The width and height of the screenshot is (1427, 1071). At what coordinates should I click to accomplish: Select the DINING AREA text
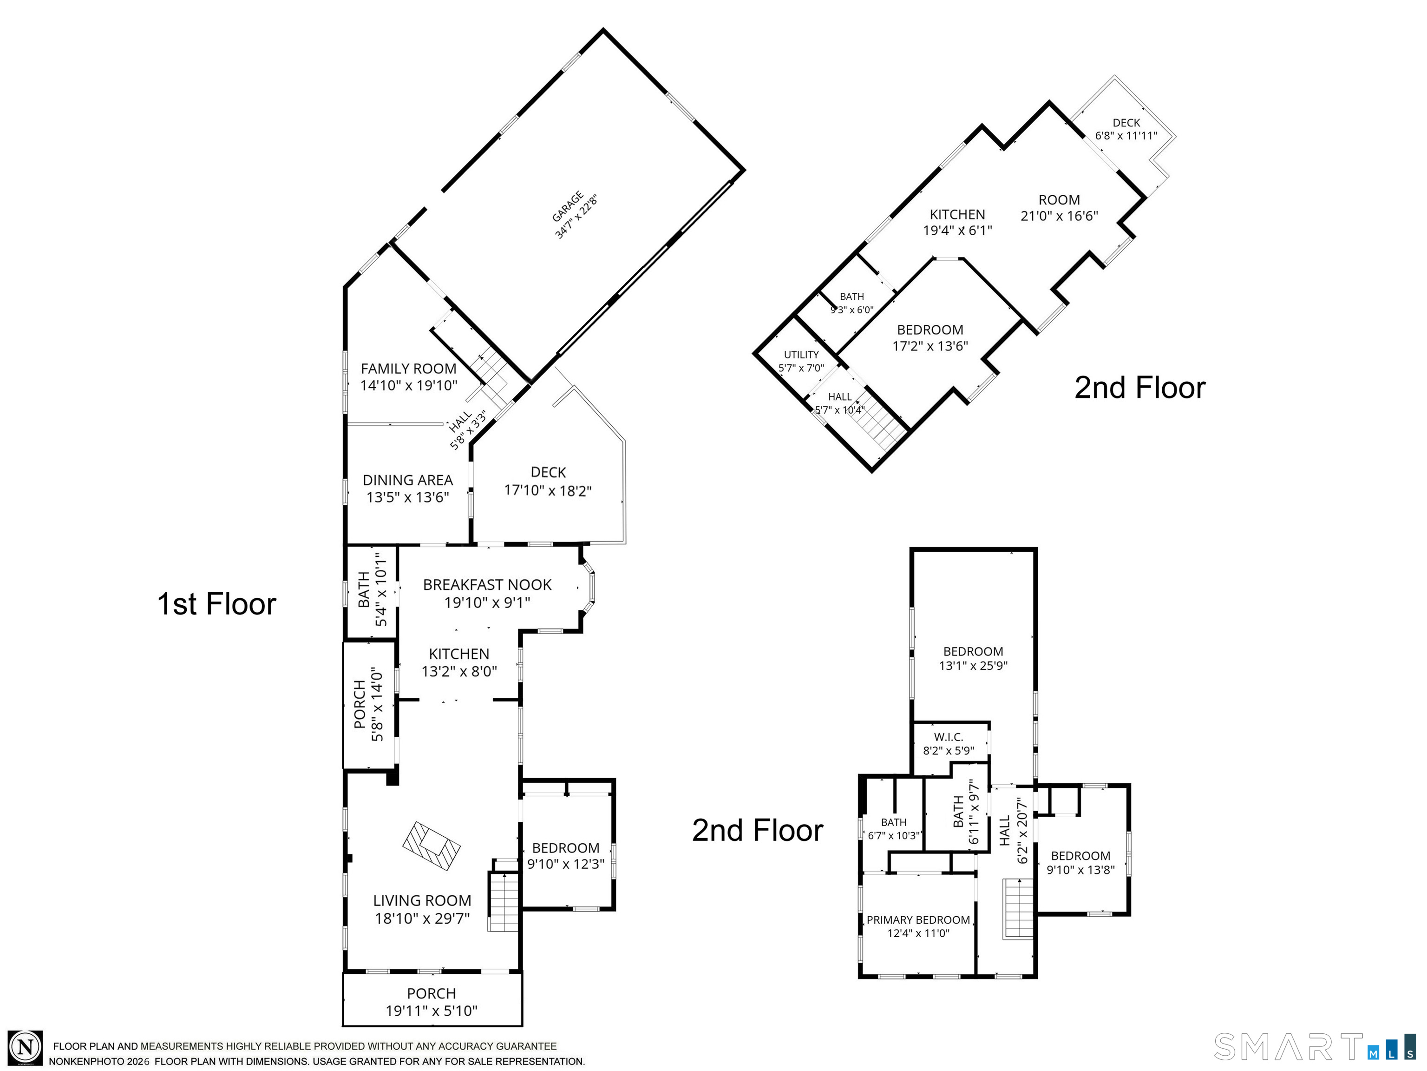tap(408, 480)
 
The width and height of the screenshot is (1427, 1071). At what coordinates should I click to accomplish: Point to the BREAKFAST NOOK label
tap(487, 585)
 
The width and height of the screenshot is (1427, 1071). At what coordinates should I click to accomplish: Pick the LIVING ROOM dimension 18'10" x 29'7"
tap(423, 918)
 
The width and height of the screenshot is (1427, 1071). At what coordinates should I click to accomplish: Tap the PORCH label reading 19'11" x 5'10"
tap(432, 1002)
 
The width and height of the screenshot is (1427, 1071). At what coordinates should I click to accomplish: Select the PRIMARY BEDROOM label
tap(918, 920)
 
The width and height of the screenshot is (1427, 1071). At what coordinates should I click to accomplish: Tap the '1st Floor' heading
tap(217, 604)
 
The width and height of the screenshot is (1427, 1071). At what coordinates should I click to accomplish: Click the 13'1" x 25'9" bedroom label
tap(973, 659)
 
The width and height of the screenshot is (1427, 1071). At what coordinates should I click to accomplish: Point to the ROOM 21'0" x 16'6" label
tap(1059, 208)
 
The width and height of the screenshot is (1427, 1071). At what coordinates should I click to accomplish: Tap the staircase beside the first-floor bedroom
tap(503, 901)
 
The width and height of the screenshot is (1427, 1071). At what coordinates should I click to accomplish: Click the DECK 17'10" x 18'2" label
tap(548, 482)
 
